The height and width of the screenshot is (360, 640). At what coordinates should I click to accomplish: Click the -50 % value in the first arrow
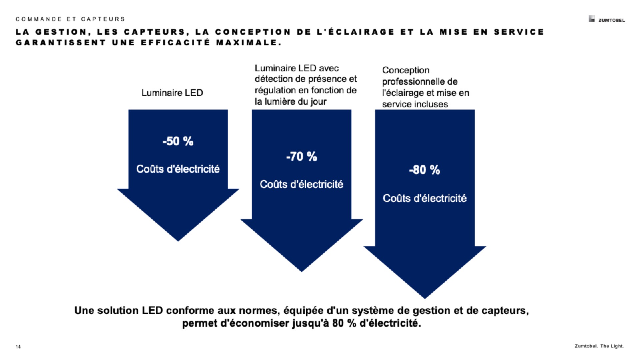pos(178,141)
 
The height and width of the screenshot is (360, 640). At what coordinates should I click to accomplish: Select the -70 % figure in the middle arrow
pos(301,157)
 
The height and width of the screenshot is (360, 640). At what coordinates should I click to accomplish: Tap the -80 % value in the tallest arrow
pos(424,170)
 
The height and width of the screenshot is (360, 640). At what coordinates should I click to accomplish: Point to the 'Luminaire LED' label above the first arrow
pos(172,93)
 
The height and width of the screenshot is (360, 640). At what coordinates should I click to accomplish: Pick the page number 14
pos(18,347)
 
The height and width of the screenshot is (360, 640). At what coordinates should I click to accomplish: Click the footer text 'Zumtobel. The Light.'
pos(599,346)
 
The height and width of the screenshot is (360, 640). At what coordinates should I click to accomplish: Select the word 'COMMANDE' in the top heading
pos(39,19)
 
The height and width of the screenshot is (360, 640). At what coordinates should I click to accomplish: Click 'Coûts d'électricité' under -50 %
pos(178,169)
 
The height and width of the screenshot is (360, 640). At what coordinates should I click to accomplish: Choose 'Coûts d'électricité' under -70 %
pos(301,184)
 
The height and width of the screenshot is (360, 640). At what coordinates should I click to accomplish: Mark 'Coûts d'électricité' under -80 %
pos(424,198)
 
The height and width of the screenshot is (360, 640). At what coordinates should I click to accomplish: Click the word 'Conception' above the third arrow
pos(406,70)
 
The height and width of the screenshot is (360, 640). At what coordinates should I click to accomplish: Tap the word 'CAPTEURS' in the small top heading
pos(103,19)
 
